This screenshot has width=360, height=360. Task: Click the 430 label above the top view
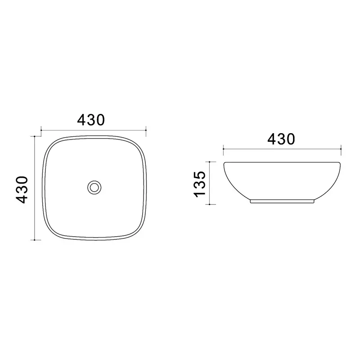(91, 120)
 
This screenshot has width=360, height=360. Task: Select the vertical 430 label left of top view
(22, 189)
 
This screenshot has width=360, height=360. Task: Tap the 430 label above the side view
(281, 139)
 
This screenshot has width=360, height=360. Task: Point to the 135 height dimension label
(199, 184)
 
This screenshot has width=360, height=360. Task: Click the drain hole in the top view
(94, 187)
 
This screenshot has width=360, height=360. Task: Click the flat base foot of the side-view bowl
(282, 201)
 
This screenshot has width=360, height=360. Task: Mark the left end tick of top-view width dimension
(41, 130)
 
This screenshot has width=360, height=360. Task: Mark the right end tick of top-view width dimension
(146, 130)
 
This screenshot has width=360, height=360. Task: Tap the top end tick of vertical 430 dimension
(35, 136)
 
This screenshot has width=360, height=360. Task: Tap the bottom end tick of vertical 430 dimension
(35, 240)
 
